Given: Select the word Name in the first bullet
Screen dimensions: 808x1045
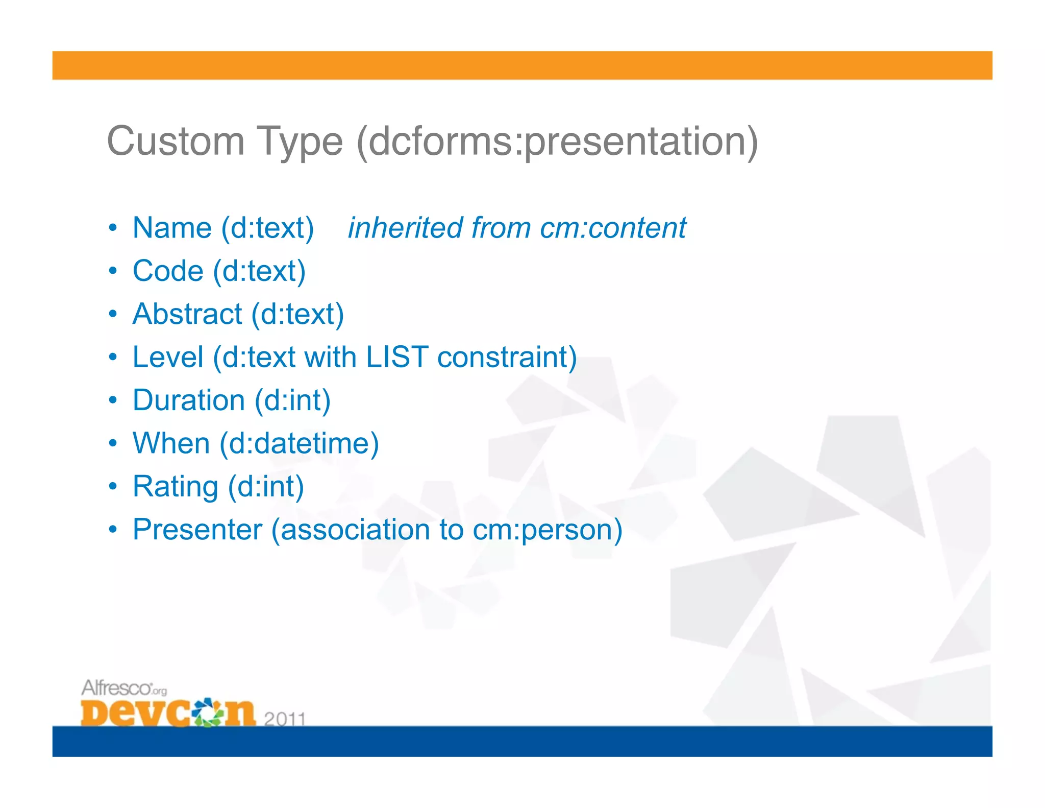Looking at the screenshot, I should (x=172, y=228).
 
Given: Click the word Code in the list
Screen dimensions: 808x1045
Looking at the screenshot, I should (x=168, y=271).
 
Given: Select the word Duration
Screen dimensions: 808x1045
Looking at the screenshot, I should (x=189, y=400).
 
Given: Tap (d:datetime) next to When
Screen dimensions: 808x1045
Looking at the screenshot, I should (x=300, y=443).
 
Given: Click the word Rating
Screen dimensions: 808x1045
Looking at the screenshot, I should (x=176, y=486).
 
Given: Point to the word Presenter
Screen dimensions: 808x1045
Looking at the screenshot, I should (x=197, y=529).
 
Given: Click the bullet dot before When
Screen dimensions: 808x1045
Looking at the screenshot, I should (x=113, y=443).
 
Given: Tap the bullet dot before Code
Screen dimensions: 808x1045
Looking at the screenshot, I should (x=113, y=271).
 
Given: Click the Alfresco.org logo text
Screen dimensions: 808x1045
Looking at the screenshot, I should (x=123, y=688).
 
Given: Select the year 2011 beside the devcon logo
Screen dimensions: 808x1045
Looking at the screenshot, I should (x=285, y=719).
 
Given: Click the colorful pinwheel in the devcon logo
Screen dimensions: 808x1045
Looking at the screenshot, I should (x=208, y=712).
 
